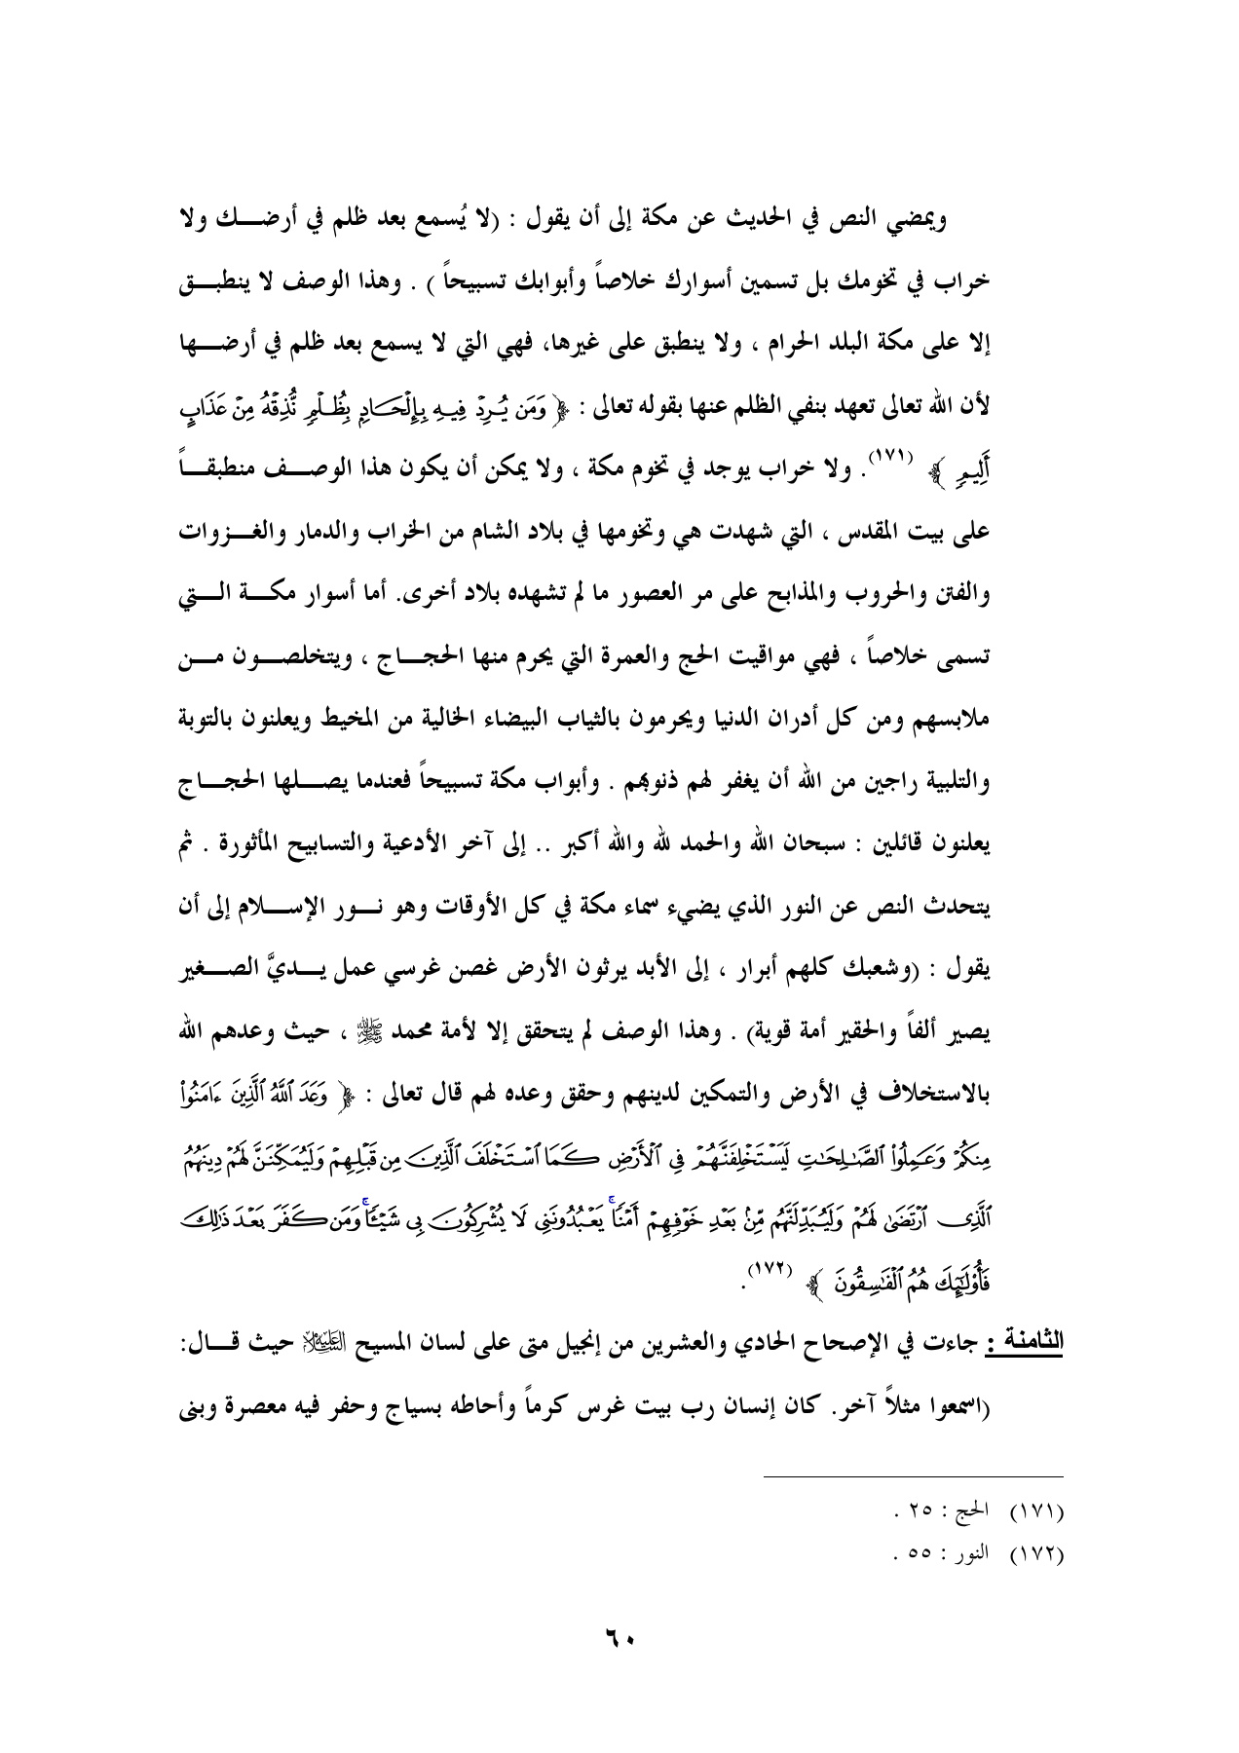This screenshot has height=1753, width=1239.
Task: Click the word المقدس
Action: (891, 532)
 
